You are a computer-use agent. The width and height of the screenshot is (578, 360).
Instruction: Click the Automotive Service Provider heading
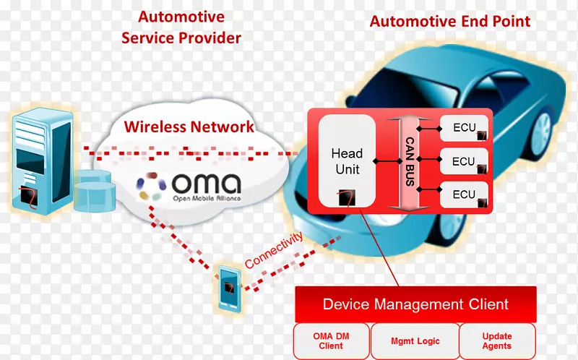coord(181,27)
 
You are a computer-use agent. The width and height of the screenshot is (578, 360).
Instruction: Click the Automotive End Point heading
coord(449,21)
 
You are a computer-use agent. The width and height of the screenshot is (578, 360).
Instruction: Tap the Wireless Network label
coord(189,127)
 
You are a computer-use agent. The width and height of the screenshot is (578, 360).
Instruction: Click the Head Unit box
coord(347,160)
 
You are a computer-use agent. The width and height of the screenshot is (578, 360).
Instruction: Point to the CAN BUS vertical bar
coord(409,161)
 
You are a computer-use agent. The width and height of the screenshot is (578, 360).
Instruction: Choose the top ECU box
coord(464,128)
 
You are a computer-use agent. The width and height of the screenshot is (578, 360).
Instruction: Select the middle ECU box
coord(464,162)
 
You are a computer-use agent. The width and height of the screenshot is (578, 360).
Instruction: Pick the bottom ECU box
coord(464,194)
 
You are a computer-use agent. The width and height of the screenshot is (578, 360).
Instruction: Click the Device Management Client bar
coord(415,304)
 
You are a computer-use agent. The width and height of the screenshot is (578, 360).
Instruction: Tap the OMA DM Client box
coord(331,341)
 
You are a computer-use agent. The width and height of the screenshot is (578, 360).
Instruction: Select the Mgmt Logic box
coord(415,341)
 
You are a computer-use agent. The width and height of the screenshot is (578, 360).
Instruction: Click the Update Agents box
coord(497,341)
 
